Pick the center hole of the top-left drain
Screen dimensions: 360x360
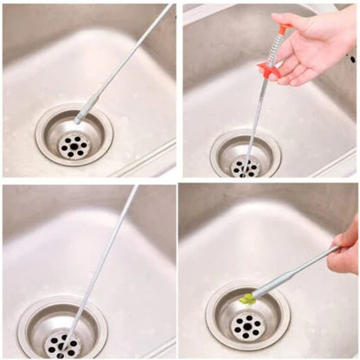[74, 145]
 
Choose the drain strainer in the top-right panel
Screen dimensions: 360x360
[246, 157]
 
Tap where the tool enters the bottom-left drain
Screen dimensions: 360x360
[66, 341]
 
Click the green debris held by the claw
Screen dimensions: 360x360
[247, 299]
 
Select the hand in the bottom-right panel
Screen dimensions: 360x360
[345, 247]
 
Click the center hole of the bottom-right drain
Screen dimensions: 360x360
[249, 327]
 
